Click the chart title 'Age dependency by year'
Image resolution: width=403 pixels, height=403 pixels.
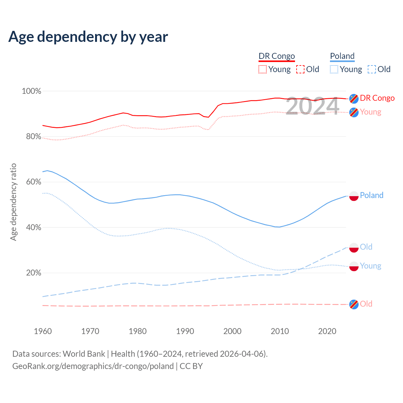pyautogui.click(x=88, y=37)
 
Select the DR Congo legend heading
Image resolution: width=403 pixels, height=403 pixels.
pyautogui.click(x=277, y=56)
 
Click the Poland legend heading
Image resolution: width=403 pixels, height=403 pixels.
pyautogui.click(x=342, y=56)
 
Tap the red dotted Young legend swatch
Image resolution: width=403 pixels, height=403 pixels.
pyautogui.click(x=263, y=69)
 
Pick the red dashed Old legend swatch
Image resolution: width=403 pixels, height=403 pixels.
pyautogui.click(x=300, y=69)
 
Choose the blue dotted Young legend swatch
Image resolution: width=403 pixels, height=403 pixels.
pyautogui.click(x=334, y=69)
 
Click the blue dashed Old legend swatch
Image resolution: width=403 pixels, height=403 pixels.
pyautogui.click(x=372, y=69)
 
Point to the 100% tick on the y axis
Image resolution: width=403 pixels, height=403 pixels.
pyautogui.click(x=31, y=91)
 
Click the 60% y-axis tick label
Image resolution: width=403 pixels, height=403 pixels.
pyautogui.click(x=34, y=182)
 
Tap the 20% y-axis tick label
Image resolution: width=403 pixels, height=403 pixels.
pyautogui.click(x=34, y=273)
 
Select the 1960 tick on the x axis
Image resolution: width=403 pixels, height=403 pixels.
pyautogui.click(x=43, y=331)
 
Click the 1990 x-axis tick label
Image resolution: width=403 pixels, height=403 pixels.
pyautogui.click(x=185, y=331)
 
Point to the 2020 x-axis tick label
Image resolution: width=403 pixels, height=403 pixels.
pyautogui.click(x=327, y=331)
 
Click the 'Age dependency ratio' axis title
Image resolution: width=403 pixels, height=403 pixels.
pyautogui.click(x=13, y=202)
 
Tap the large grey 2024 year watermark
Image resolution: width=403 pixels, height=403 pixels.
pyautogui.click(x=312, y=106)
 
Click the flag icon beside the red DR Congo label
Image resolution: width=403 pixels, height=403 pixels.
pyautogui.click(x=354, y=99)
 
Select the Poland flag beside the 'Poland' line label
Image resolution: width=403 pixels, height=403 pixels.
pyautogui.click(x=354, y=196)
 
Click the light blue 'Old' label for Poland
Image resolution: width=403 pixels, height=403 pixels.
pyautogui.click(x=366, y=247)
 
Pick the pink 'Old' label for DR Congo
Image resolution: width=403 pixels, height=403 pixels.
pyautogui.click(x=366, y=304)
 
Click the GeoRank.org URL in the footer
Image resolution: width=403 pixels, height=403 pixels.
pyautogui.click(x=93, y=366)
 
